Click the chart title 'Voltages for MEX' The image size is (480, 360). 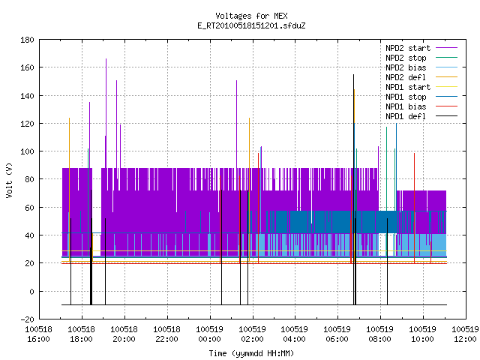coord(251,16)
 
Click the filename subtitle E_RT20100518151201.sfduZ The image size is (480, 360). coord(251,25)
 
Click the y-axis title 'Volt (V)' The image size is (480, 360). coord(9,180)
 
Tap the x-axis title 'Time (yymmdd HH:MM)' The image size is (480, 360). coord(251,353)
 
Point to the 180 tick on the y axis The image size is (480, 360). coord(27,40)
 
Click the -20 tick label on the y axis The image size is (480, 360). coord(27,319)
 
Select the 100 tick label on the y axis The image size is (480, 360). coord(27,151)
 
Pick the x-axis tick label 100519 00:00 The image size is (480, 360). coord(210,334)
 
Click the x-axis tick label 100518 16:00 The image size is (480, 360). coord(38,334)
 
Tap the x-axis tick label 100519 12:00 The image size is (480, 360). coord(465,334)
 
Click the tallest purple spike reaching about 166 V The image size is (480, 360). coord(106,113)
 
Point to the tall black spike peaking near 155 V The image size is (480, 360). coord(353,190)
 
